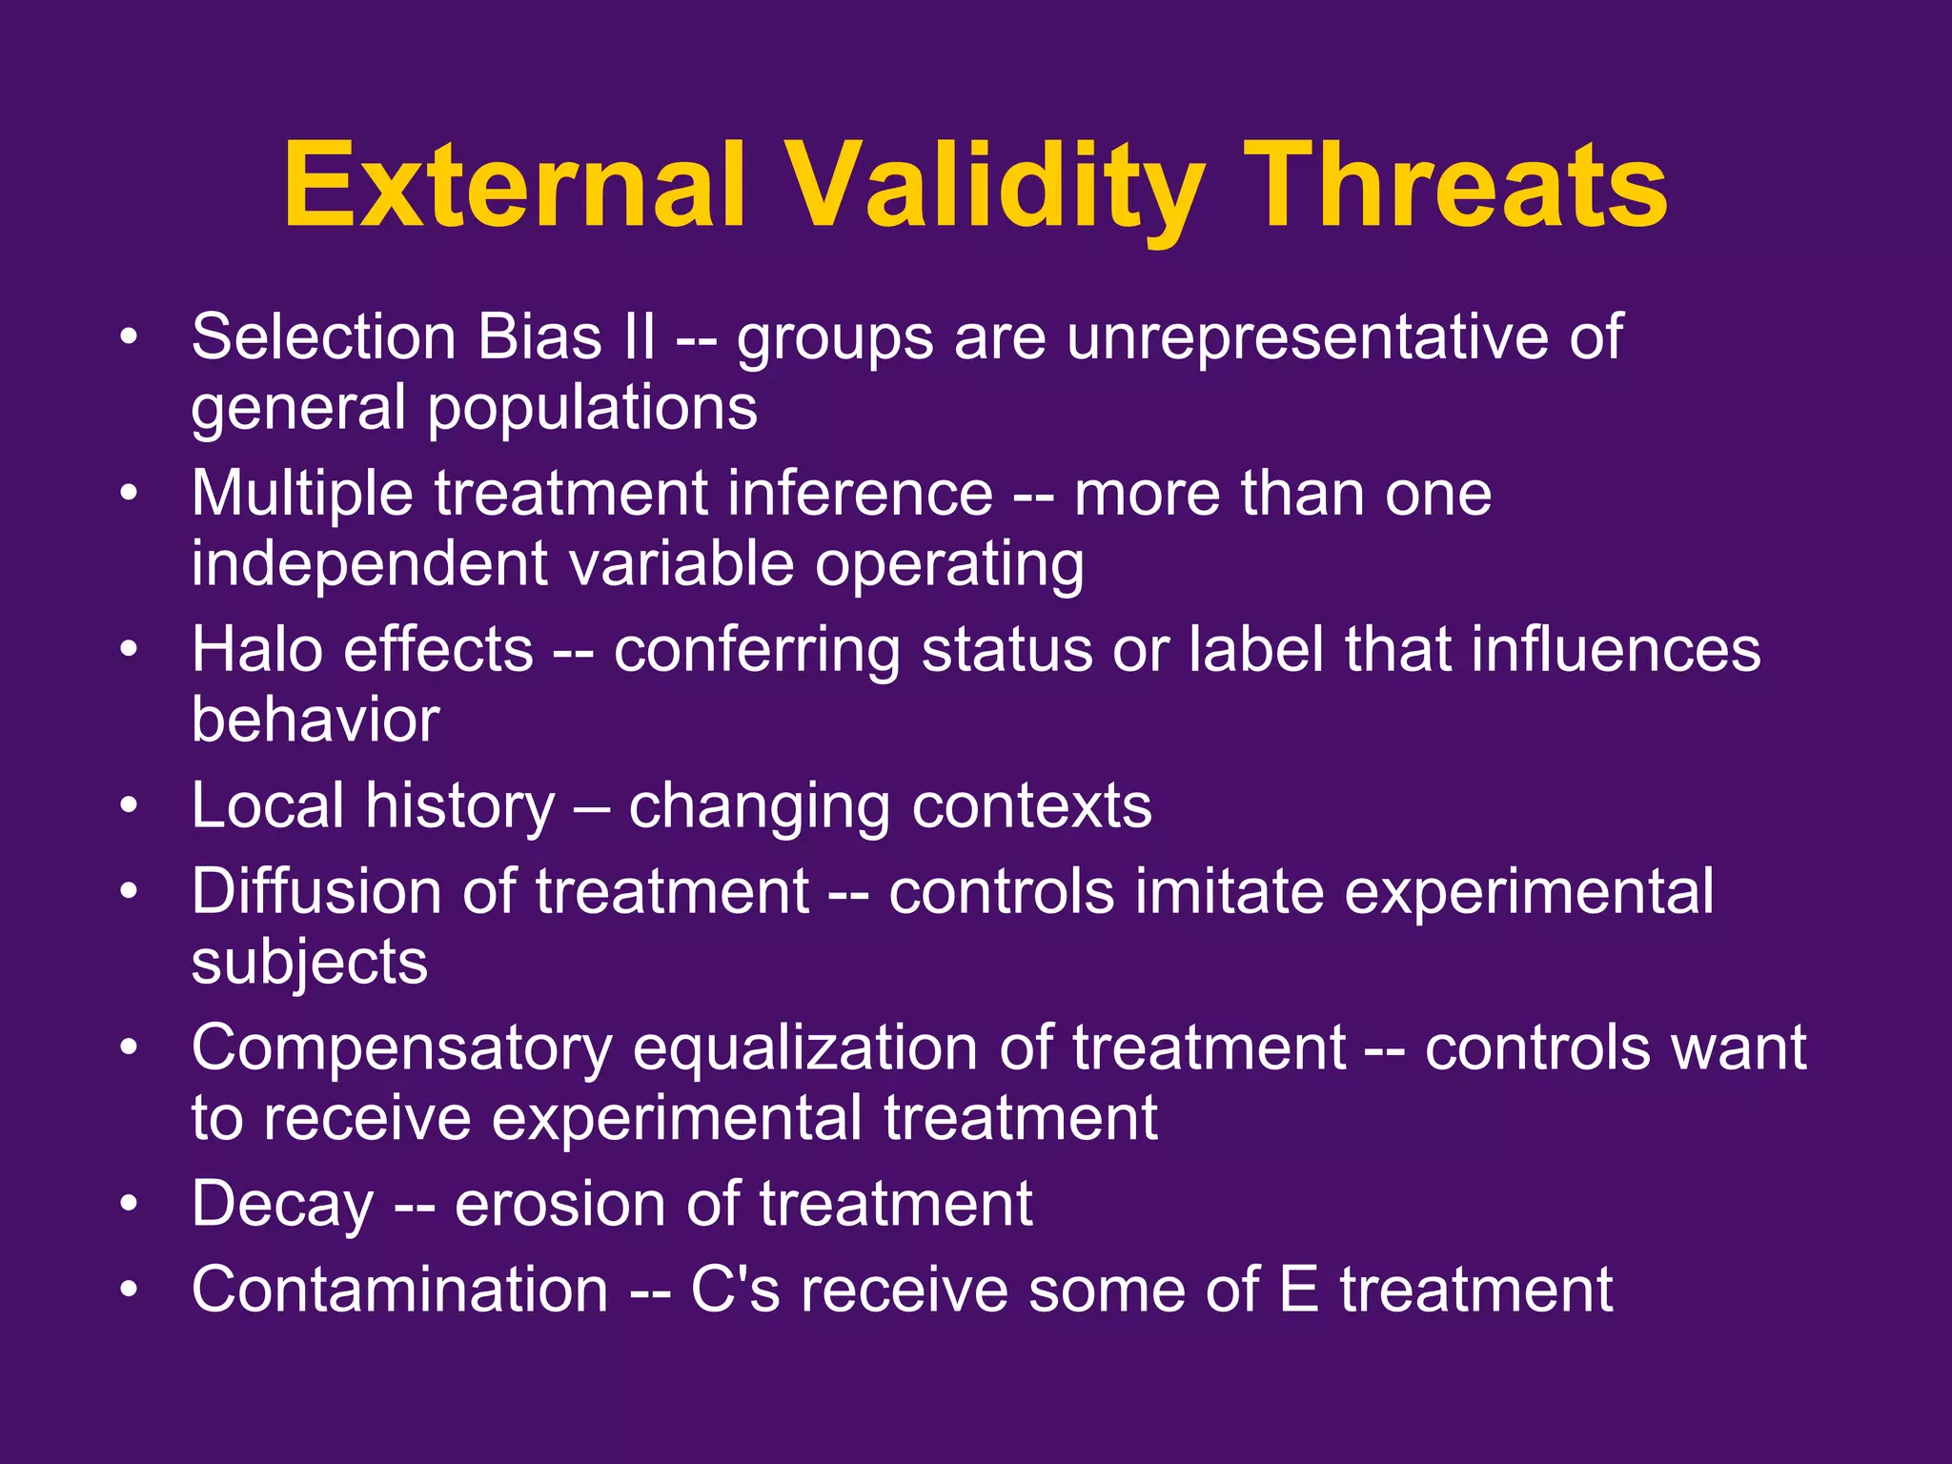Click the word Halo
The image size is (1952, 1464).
pos(256,650)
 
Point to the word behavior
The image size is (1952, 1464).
pos(315,720)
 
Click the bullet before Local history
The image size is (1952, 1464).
pos(130,806)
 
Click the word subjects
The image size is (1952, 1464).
pos(310,964)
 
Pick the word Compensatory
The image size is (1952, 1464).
pos(401,1048)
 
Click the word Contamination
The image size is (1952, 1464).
pos(399,1290)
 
